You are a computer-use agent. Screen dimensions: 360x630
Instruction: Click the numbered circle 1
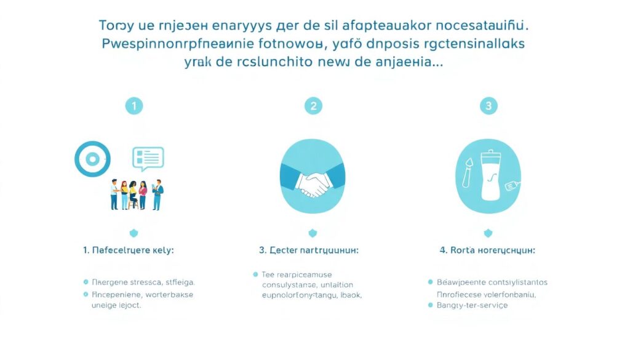[134, 106]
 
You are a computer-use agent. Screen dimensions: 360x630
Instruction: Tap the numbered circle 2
[313, 106]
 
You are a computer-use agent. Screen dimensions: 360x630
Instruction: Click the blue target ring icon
[92, 159]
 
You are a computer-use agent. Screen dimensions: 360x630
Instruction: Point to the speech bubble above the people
[148, 158]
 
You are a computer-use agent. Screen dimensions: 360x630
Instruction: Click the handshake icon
[312, 183]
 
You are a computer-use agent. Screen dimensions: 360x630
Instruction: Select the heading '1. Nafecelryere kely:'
[129, 250]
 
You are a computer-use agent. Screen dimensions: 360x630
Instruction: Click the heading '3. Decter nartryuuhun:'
[309, 250]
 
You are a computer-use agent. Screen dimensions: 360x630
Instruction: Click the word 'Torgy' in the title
[116, 27]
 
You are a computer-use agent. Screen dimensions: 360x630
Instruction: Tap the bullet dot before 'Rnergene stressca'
[86, 282]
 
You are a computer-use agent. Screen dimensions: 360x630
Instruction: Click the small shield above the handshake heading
[313, 233]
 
